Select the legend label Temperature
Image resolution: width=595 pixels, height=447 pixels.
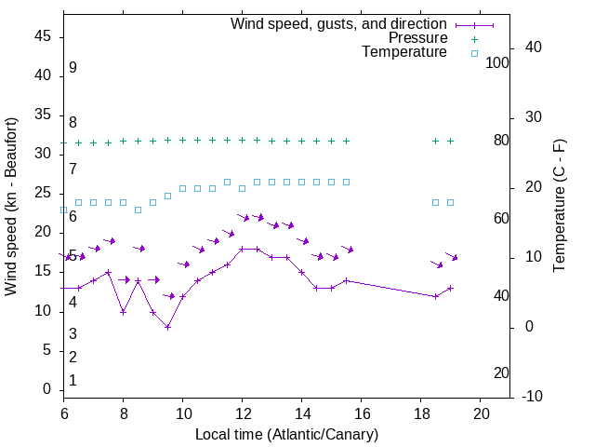(x=404, y=53)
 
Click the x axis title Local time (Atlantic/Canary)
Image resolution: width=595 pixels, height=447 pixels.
(x=286, y=434)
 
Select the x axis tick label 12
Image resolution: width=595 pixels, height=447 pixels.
(x=243, y=413)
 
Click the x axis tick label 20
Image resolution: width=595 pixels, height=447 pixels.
(x=481, y=413)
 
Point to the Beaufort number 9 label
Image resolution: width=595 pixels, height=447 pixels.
(x=73, y=68)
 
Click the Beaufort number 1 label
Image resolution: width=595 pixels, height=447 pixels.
(x=73, y=380)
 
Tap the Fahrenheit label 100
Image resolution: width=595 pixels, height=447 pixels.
(x=497, y=62)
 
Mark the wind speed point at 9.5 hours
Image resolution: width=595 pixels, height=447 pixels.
(x=168, y=327)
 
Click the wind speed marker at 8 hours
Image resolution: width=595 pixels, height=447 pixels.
(x=124, y=312)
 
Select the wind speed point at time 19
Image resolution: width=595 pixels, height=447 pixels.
(x=451, y=288)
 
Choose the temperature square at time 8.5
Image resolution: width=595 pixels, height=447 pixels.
(x=139, y=210)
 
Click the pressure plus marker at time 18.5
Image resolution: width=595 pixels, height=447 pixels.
(x=436, y=141)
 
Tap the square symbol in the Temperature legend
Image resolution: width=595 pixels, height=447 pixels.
(x=474, y=53)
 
